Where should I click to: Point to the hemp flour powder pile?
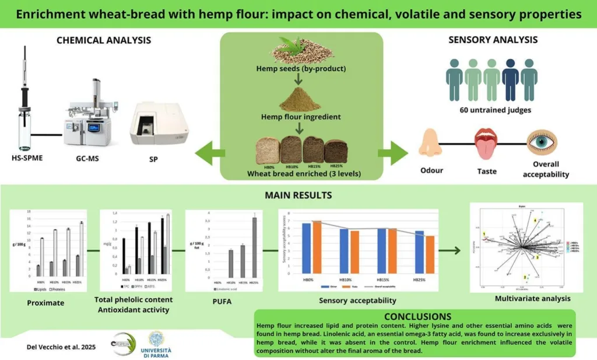click(301, 100)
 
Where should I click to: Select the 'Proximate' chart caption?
click(46, 302)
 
